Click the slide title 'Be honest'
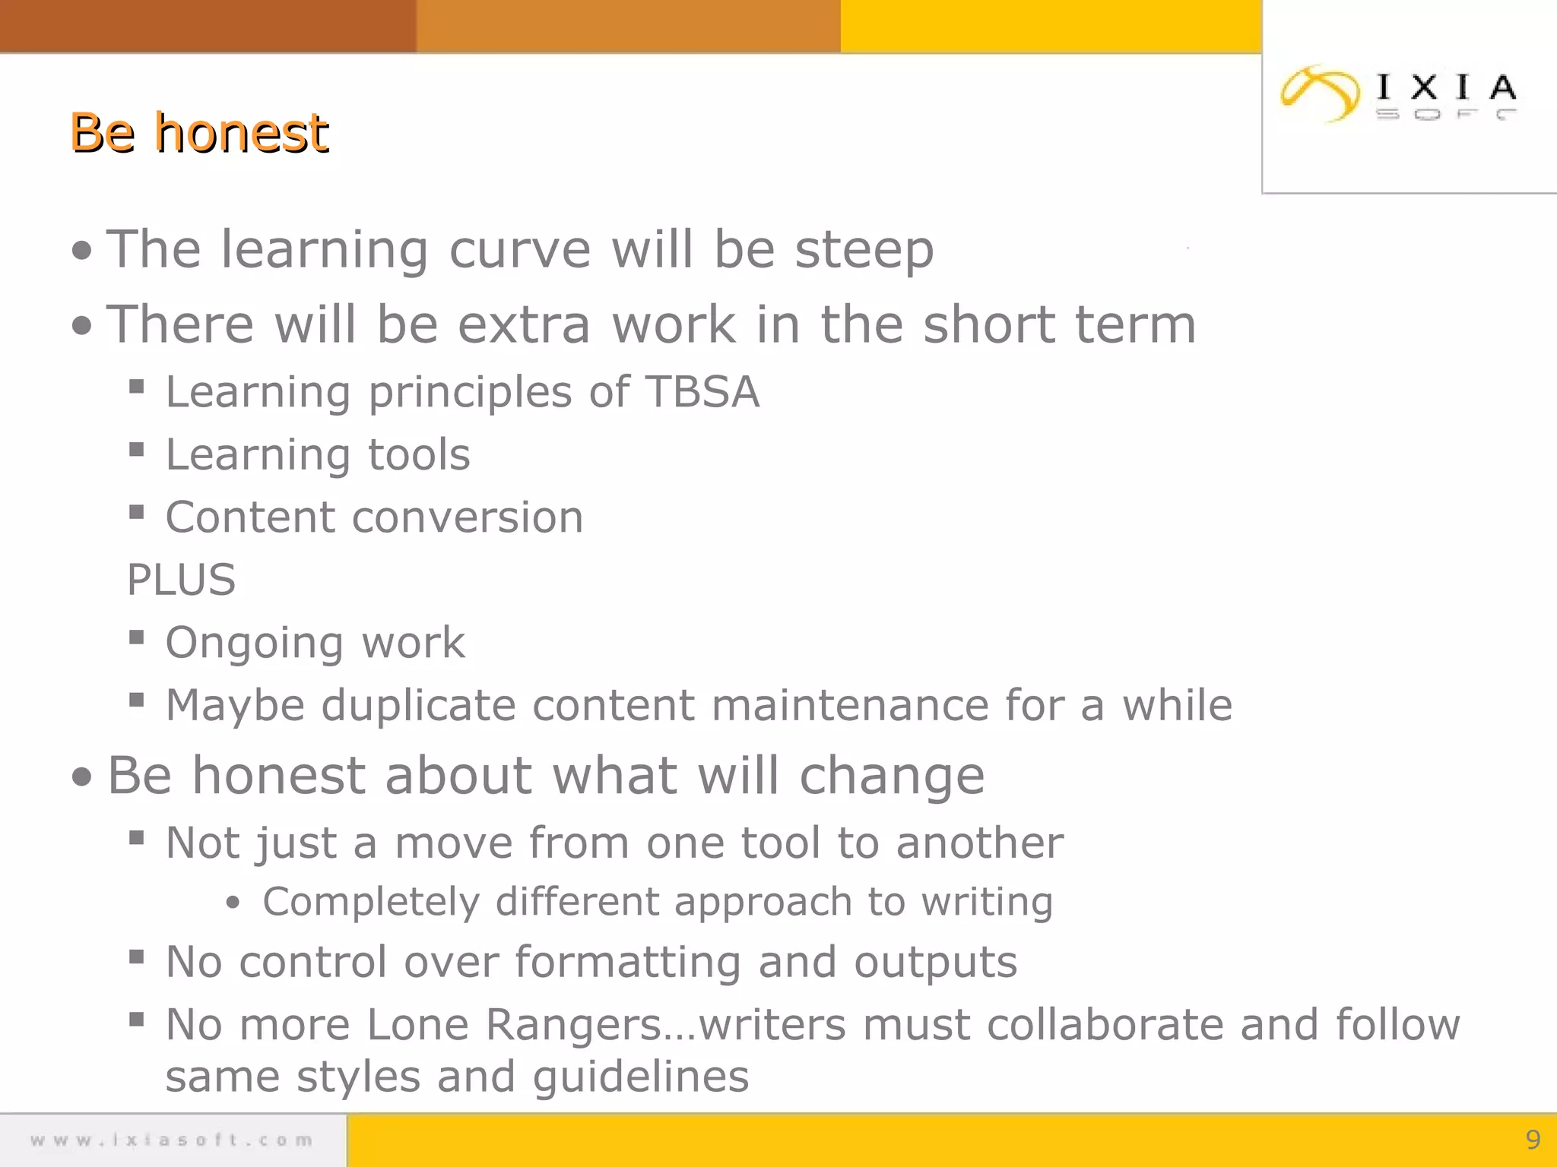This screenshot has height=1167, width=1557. [x=199, y=134]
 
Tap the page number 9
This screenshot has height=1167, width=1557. [x=1533, y=1139]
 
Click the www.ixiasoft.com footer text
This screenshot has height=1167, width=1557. [x=172, y=1140]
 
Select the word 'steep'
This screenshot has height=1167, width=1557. [x=864, y=251]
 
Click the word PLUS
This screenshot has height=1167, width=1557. [x=181, y=580]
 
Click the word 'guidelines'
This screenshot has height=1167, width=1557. [x=640, y=1077]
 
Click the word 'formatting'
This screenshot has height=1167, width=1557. [x=627, y=963]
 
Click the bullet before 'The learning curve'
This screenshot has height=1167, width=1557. [x=82, y=251]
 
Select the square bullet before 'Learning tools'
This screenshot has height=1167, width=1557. [x=137, y=450]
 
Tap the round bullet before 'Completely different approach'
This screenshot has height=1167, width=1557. [x=233, y=903]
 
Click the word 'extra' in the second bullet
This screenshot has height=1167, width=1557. [x=524, y=325]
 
